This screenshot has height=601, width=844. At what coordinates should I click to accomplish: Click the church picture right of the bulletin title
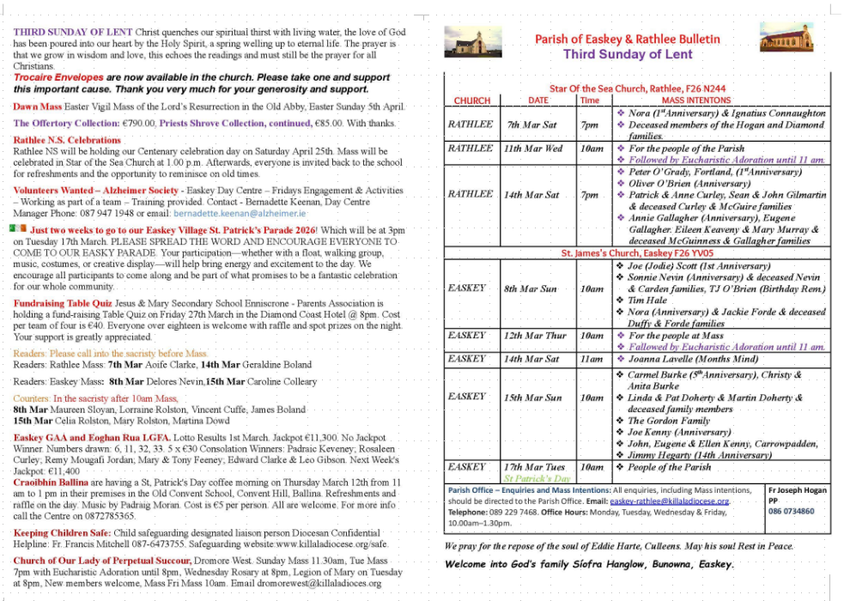coord(786,38)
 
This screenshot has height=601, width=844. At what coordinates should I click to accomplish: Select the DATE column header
coord(538,100)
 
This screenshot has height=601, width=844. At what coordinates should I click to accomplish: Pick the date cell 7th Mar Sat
coord(531,124)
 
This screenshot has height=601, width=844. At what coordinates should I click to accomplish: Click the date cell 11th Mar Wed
coord(533,149)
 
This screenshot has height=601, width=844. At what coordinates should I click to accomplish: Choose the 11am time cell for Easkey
coord(591,359)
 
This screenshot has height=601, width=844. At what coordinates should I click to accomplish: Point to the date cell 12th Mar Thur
coord(535,336)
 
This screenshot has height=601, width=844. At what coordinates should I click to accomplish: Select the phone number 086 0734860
coord(792,512)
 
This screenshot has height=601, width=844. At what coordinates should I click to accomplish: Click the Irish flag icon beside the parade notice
coord(18,229)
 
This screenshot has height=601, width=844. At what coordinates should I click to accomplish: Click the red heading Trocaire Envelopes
coord(56,77)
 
